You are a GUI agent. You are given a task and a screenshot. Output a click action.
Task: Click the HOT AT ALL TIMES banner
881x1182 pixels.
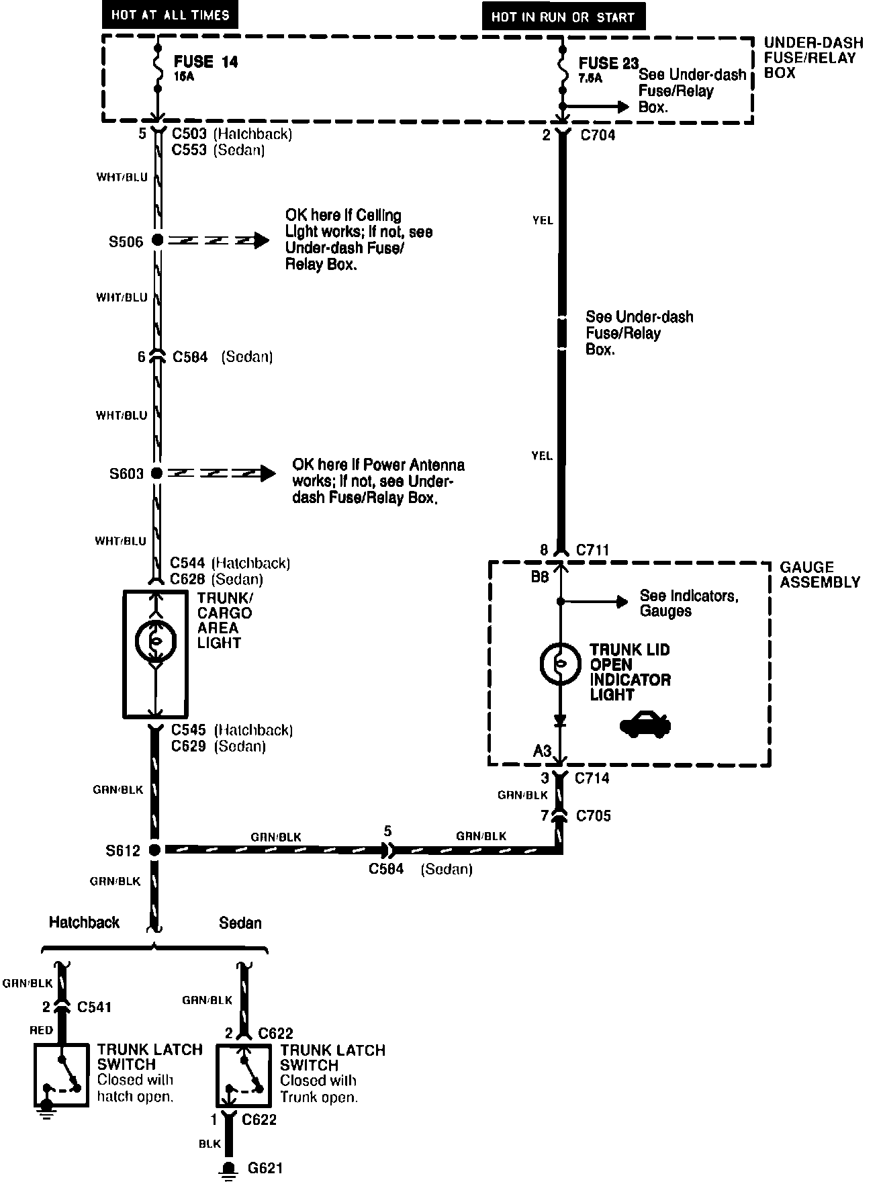pos(170,15)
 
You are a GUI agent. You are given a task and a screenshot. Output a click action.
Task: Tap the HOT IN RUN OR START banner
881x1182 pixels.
pos(563,17)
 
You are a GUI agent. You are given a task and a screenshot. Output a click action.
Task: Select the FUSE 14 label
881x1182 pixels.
pos(205,62)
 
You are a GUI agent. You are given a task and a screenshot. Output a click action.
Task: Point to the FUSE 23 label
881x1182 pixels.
pos(608,64)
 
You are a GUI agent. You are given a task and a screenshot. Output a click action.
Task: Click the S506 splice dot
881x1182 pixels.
pos(157,240)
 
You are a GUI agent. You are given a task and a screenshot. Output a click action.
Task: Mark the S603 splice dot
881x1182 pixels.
pos(157,473)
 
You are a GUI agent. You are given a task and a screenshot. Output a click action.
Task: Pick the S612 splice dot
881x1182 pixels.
pos(154,850)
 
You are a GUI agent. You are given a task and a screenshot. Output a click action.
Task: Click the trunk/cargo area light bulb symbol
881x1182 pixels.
pos(156,641)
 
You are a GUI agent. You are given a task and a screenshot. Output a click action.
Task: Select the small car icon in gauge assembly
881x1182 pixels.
pos(645,725)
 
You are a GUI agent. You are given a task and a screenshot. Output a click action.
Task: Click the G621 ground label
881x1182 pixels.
pos(265,1168)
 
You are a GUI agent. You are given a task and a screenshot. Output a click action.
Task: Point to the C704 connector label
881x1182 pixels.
pos(598,135)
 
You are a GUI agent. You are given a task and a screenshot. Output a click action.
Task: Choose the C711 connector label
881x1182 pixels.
pos(593,551)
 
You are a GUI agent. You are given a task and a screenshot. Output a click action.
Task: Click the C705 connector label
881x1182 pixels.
pos(594,816)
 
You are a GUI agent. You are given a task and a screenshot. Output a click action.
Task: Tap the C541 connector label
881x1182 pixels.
pos(95,1007)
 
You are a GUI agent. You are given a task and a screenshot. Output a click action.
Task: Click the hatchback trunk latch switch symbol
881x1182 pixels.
pos(61,1075)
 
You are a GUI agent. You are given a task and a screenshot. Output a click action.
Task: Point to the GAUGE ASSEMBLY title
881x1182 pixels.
pos(819,575)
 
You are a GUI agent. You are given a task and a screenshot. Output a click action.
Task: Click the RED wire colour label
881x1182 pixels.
pos(41,1030)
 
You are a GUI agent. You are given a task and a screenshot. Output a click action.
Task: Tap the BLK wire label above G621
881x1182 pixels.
pos(210,1144)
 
